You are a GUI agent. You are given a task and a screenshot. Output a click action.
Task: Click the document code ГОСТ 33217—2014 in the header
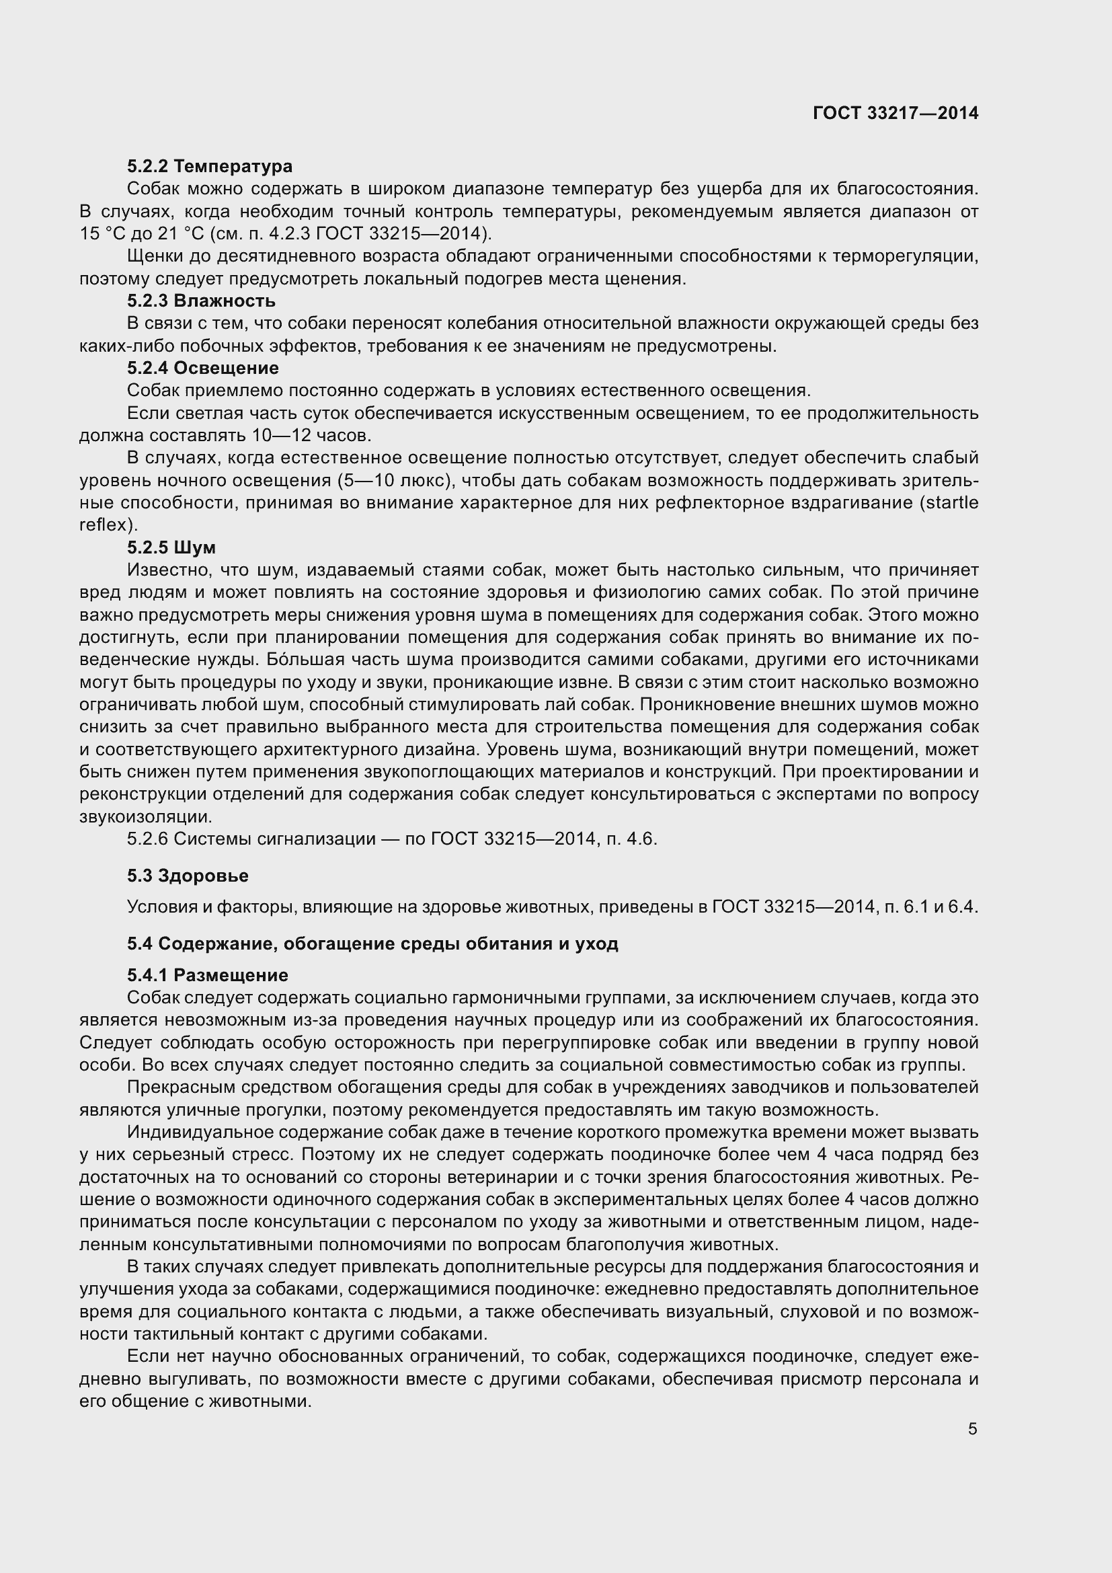click(x=896, y=114)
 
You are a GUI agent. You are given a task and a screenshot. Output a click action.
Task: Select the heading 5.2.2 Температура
click(x=210, y=167)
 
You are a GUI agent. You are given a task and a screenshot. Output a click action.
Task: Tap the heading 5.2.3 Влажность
click(x=201, y=301)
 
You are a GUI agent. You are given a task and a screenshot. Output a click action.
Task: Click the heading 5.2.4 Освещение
click(x=202, y=368)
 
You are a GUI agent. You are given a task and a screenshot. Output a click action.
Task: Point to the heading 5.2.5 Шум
click(x=171, y=547)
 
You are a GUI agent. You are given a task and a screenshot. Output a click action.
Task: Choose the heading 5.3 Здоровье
click(x=188, y=876)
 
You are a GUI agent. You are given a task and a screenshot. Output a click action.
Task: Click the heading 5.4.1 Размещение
click(x=208, y=975)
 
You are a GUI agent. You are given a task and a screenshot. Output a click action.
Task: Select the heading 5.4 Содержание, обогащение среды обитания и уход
click(x=372, y=944)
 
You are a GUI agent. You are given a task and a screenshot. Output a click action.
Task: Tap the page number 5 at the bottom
click(x=972, y=1429)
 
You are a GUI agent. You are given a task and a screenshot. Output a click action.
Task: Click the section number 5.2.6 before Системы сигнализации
click(x=147, y=839)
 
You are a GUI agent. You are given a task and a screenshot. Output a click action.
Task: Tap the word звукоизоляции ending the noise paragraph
click(x=145, y=816)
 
